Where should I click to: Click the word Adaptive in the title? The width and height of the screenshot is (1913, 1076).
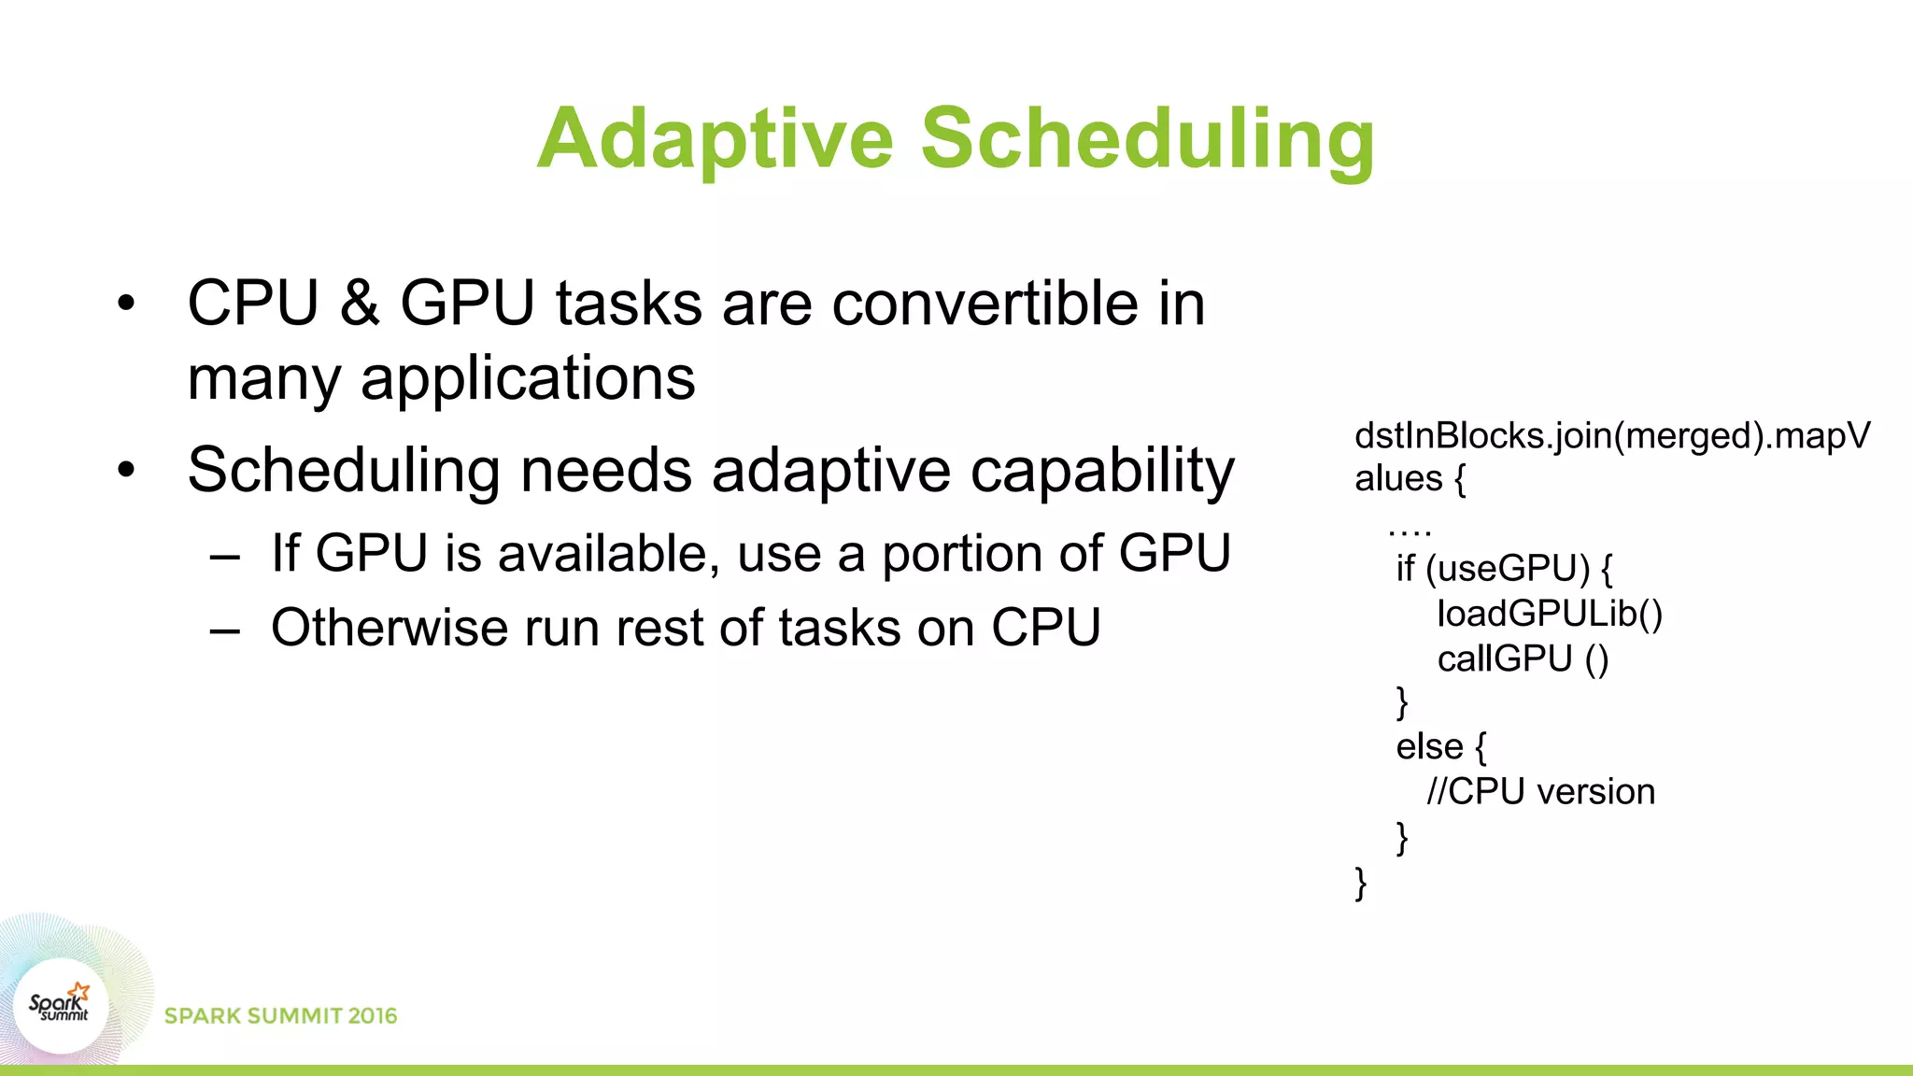click(x=716, y=140)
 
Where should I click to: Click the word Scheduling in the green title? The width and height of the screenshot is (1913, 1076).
click(x=1147, y=140)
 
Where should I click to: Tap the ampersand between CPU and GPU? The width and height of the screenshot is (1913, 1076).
click(x=360, y=304)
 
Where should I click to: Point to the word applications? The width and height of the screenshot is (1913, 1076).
click(x=528, y=378)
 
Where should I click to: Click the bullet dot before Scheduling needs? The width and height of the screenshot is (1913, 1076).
click(x=126, y=470)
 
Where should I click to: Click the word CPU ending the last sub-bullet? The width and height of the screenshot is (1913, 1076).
click(x=1045, y=627)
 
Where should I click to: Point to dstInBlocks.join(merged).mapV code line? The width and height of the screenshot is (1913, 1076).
click(x=1611, y=436)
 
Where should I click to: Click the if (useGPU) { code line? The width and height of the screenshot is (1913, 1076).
click(x=1504, y=568)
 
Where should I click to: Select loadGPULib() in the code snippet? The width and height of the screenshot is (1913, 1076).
click(x=1550, y=614)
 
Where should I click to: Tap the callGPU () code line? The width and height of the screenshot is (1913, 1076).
click(x=1523, y=658)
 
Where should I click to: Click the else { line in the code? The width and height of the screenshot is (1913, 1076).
click(x=1440, y=746)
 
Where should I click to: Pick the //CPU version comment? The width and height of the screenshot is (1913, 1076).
click(x=1540, y=791)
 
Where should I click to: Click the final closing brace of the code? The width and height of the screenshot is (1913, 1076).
click(x=1360, y=882)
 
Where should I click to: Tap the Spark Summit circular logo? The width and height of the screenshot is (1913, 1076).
click(x=61, y=1006)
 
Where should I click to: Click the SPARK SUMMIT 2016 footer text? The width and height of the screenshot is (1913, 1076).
click(x=280, y=1015)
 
